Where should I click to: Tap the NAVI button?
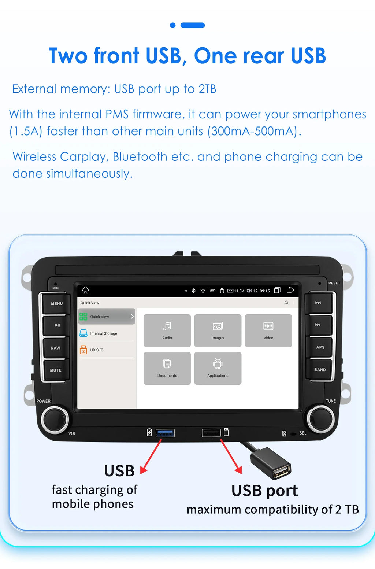point(56,348)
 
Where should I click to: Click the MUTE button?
point(56,370)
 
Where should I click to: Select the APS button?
point(320,347)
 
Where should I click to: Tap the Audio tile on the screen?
point(167,330)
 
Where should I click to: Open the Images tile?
point(218,330)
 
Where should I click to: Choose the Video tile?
point(268,330)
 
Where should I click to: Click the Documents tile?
point(167,368)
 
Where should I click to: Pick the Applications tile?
point(218,368)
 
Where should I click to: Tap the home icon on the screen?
point(86,290)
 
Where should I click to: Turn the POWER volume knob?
point(55,419)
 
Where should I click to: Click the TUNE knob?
point(320,418)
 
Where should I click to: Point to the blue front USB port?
point(165,433)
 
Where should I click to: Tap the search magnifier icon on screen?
point(286,303)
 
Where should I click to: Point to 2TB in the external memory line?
point(207,89)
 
